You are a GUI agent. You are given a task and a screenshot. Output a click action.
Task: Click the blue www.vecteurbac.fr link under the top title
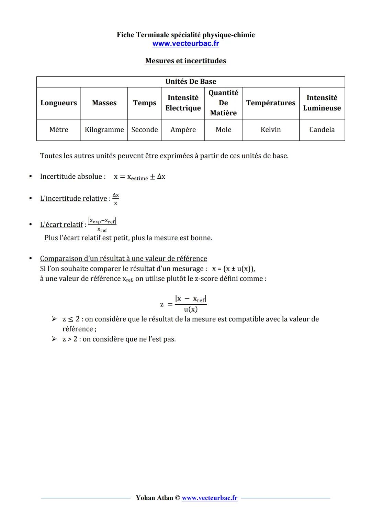[185, 44]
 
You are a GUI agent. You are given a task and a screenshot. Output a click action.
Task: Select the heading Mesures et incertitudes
[185, 61]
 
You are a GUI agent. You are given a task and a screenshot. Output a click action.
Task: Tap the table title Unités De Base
[191, 82]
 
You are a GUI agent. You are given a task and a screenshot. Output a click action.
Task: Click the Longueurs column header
[59, 103]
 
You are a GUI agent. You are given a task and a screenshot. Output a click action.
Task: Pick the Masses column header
[104, 103]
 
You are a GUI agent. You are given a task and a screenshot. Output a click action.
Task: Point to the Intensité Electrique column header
[183, 103]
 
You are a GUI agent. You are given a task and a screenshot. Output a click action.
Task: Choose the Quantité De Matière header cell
[223, 103]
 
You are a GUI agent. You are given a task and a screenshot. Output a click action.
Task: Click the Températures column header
[271, 103]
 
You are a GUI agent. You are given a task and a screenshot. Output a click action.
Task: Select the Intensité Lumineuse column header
[322, 103]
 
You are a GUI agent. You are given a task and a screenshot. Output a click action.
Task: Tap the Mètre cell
[59, 130]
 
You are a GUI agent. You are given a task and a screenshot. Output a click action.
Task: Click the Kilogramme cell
[104, 130]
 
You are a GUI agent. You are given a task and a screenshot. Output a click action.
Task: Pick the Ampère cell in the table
[183, 130]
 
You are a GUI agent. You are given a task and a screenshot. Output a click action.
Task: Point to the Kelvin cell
[271, 130]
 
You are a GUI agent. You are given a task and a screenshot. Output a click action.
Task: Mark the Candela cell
[322, 130]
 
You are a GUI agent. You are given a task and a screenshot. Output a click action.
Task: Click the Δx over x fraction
[116, 199]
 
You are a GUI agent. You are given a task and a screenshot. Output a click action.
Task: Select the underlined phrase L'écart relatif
[61, 225]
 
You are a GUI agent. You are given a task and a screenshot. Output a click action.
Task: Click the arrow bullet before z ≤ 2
[54, 319]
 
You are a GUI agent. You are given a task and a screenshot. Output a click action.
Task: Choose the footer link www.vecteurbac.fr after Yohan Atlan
[210, 498]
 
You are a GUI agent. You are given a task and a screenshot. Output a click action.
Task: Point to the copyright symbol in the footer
[177, 498]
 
